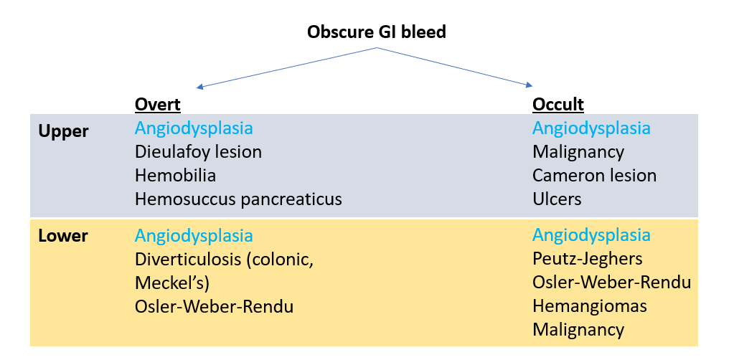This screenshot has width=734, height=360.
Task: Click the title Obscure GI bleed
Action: tap(376, 32)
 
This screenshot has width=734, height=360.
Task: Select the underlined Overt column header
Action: tap(157, 105)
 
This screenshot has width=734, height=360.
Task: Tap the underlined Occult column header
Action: tap(557, 105)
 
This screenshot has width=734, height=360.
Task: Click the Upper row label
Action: tap(65, 131)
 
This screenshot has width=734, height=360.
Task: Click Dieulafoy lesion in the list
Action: tap(198, 152)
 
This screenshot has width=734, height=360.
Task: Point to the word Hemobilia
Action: tap(175, 175)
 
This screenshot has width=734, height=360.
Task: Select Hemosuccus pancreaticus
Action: tap(238, 199)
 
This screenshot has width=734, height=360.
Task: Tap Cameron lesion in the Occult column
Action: tap(594, 175)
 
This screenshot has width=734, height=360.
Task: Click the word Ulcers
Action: tap(556, 199)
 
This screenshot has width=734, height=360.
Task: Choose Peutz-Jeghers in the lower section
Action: tap(587, 258)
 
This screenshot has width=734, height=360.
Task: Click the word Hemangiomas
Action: tap(589, 306)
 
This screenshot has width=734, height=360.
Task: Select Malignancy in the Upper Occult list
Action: tap(578, 152)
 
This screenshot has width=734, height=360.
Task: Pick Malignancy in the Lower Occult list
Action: tap(578, 330)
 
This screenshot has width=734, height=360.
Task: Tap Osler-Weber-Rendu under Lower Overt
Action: tap(214, 307)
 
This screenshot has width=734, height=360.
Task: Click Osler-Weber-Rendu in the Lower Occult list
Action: tap(611, 282)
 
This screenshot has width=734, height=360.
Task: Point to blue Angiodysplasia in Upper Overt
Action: tap(194, 129)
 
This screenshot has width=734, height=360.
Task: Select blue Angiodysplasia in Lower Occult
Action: tap(591, 235)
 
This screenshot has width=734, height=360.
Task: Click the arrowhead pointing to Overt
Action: tap(200, 87)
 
